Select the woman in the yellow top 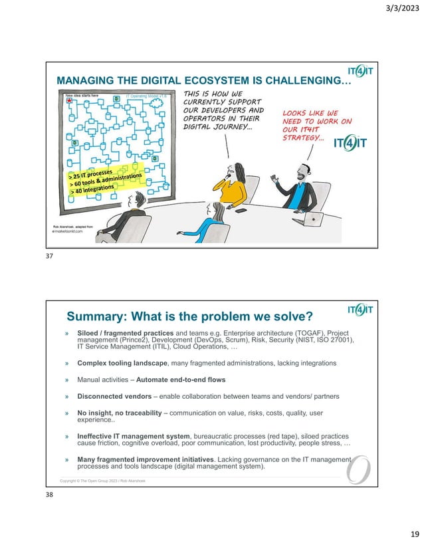[x=232, y=183]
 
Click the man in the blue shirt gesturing [x=302, y=186]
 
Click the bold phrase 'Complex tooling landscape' [x=122, y=363]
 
